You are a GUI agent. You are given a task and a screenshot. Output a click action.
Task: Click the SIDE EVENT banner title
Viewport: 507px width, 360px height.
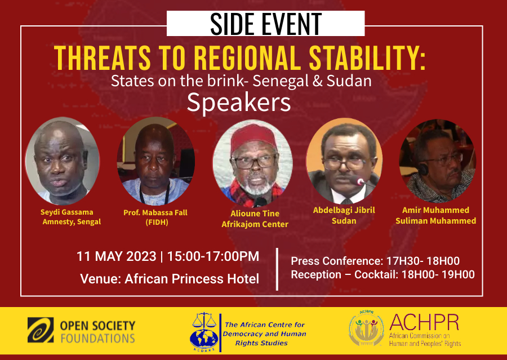click(x=266, y=24)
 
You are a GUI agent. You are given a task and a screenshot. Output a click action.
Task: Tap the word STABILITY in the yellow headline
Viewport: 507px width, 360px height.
click(x=367, y=58)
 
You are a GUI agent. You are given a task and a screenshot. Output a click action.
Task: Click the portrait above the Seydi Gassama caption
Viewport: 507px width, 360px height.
click(x=62, y=161)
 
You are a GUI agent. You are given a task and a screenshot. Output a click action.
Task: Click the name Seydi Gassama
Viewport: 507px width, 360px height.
click(x=66, y=212)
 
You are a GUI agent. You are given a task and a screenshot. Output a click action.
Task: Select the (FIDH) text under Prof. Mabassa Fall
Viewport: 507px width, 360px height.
click(x=157, y=223)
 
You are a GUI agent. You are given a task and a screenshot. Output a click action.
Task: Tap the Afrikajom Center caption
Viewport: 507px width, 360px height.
click(x=255, y=224)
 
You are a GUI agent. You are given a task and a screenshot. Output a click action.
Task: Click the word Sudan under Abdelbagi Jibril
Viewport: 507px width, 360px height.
click(x=344, y=221)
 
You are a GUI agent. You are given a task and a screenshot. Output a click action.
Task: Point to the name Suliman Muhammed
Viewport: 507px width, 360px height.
click(x=435, y=221)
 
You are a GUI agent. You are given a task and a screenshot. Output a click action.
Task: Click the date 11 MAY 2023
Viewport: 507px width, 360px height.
click(x=117, y=256)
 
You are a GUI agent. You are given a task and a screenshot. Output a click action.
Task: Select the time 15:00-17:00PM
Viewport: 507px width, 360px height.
click(x=213, y=256)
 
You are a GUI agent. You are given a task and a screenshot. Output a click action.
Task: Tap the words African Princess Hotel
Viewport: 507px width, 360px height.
click(x=192, y=279)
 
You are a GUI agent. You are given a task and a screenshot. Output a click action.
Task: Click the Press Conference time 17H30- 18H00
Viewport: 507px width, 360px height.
click(x=423, y=261)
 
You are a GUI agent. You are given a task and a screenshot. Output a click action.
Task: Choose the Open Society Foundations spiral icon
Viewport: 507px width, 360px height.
click(x=41, y=330)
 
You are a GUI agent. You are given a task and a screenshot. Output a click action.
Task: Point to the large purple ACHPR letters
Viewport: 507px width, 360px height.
click(x=424, y=322)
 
